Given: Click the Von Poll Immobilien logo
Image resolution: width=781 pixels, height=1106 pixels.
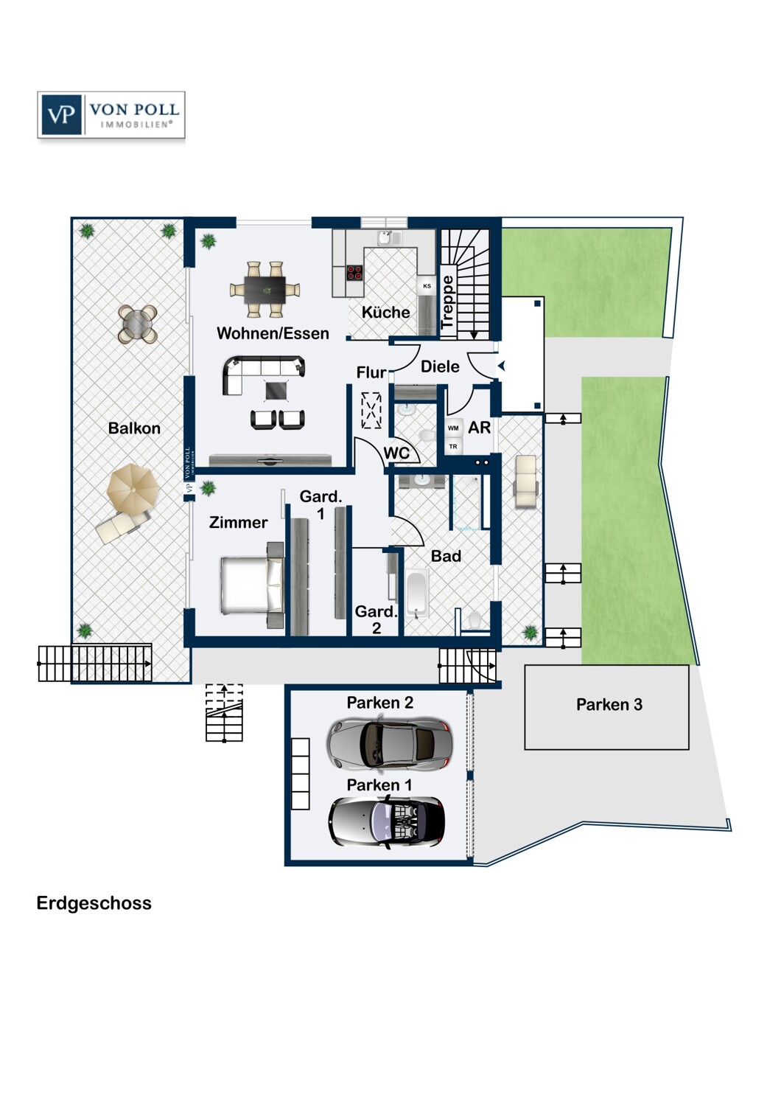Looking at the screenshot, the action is pyautogui.click(x=111, y=114).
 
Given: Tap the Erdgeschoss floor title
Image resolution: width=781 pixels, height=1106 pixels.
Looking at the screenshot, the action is pyautogui.click(x=94, y=903).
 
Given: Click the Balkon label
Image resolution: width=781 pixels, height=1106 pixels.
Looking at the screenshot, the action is pyautogui.click(x=134, y=428).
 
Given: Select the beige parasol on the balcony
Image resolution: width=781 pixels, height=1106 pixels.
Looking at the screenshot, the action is pyautogui.click(x=133, y=490).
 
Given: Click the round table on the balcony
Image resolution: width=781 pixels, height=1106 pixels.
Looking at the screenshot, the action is pyautogui.click(x=138, y=324).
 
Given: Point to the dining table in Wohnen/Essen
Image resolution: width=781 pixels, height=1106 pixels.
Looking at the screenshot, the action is pyautogui.click(x=265, y=289).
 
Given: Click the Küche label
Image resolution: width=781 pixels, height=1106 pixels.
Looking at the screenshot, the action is pyautogui.click(x=386, y=312).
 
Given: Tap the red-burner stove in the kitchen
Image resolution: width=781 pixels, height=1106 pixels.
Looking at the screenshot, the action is pyautogui.click(x=354, y=273).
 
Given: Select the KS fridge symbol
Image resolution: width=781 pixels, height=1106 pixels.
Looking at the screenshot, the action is pyautogui.click(x=427, y=286).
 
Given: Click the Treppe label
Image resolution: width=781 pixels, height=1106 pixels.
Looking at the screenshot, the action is pyautogui.click(x=447, y=302).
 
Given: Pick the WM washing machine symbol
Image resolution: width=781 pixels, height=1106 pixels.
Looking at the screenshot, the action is pyautogui.click(x=453, y=428).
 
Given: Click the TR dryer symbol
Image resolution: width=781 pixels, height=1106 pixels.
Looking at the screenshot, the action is pyautogui.click(x=453, y=446).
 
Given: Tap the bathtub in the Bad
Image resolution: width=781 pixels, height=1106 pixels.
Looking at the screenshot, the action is pyautogui.click(x=417, y=594).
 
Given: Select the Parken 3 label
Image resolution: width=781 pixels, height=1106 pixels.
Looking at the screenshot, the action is pyautogui.click(x=609, y=705).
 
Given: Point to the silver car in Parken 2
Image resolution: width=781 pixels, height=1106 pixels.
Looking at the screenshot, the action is pyautogui.click(x=389, y=743).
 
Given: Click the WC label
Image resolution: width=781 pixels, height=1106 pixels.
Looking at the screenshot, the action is pyautogui.click(x=396, y=453).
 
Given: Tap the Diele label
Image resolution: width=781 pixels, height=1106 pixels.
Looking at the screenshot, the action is pyautogui.click(x=440, y=366).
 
